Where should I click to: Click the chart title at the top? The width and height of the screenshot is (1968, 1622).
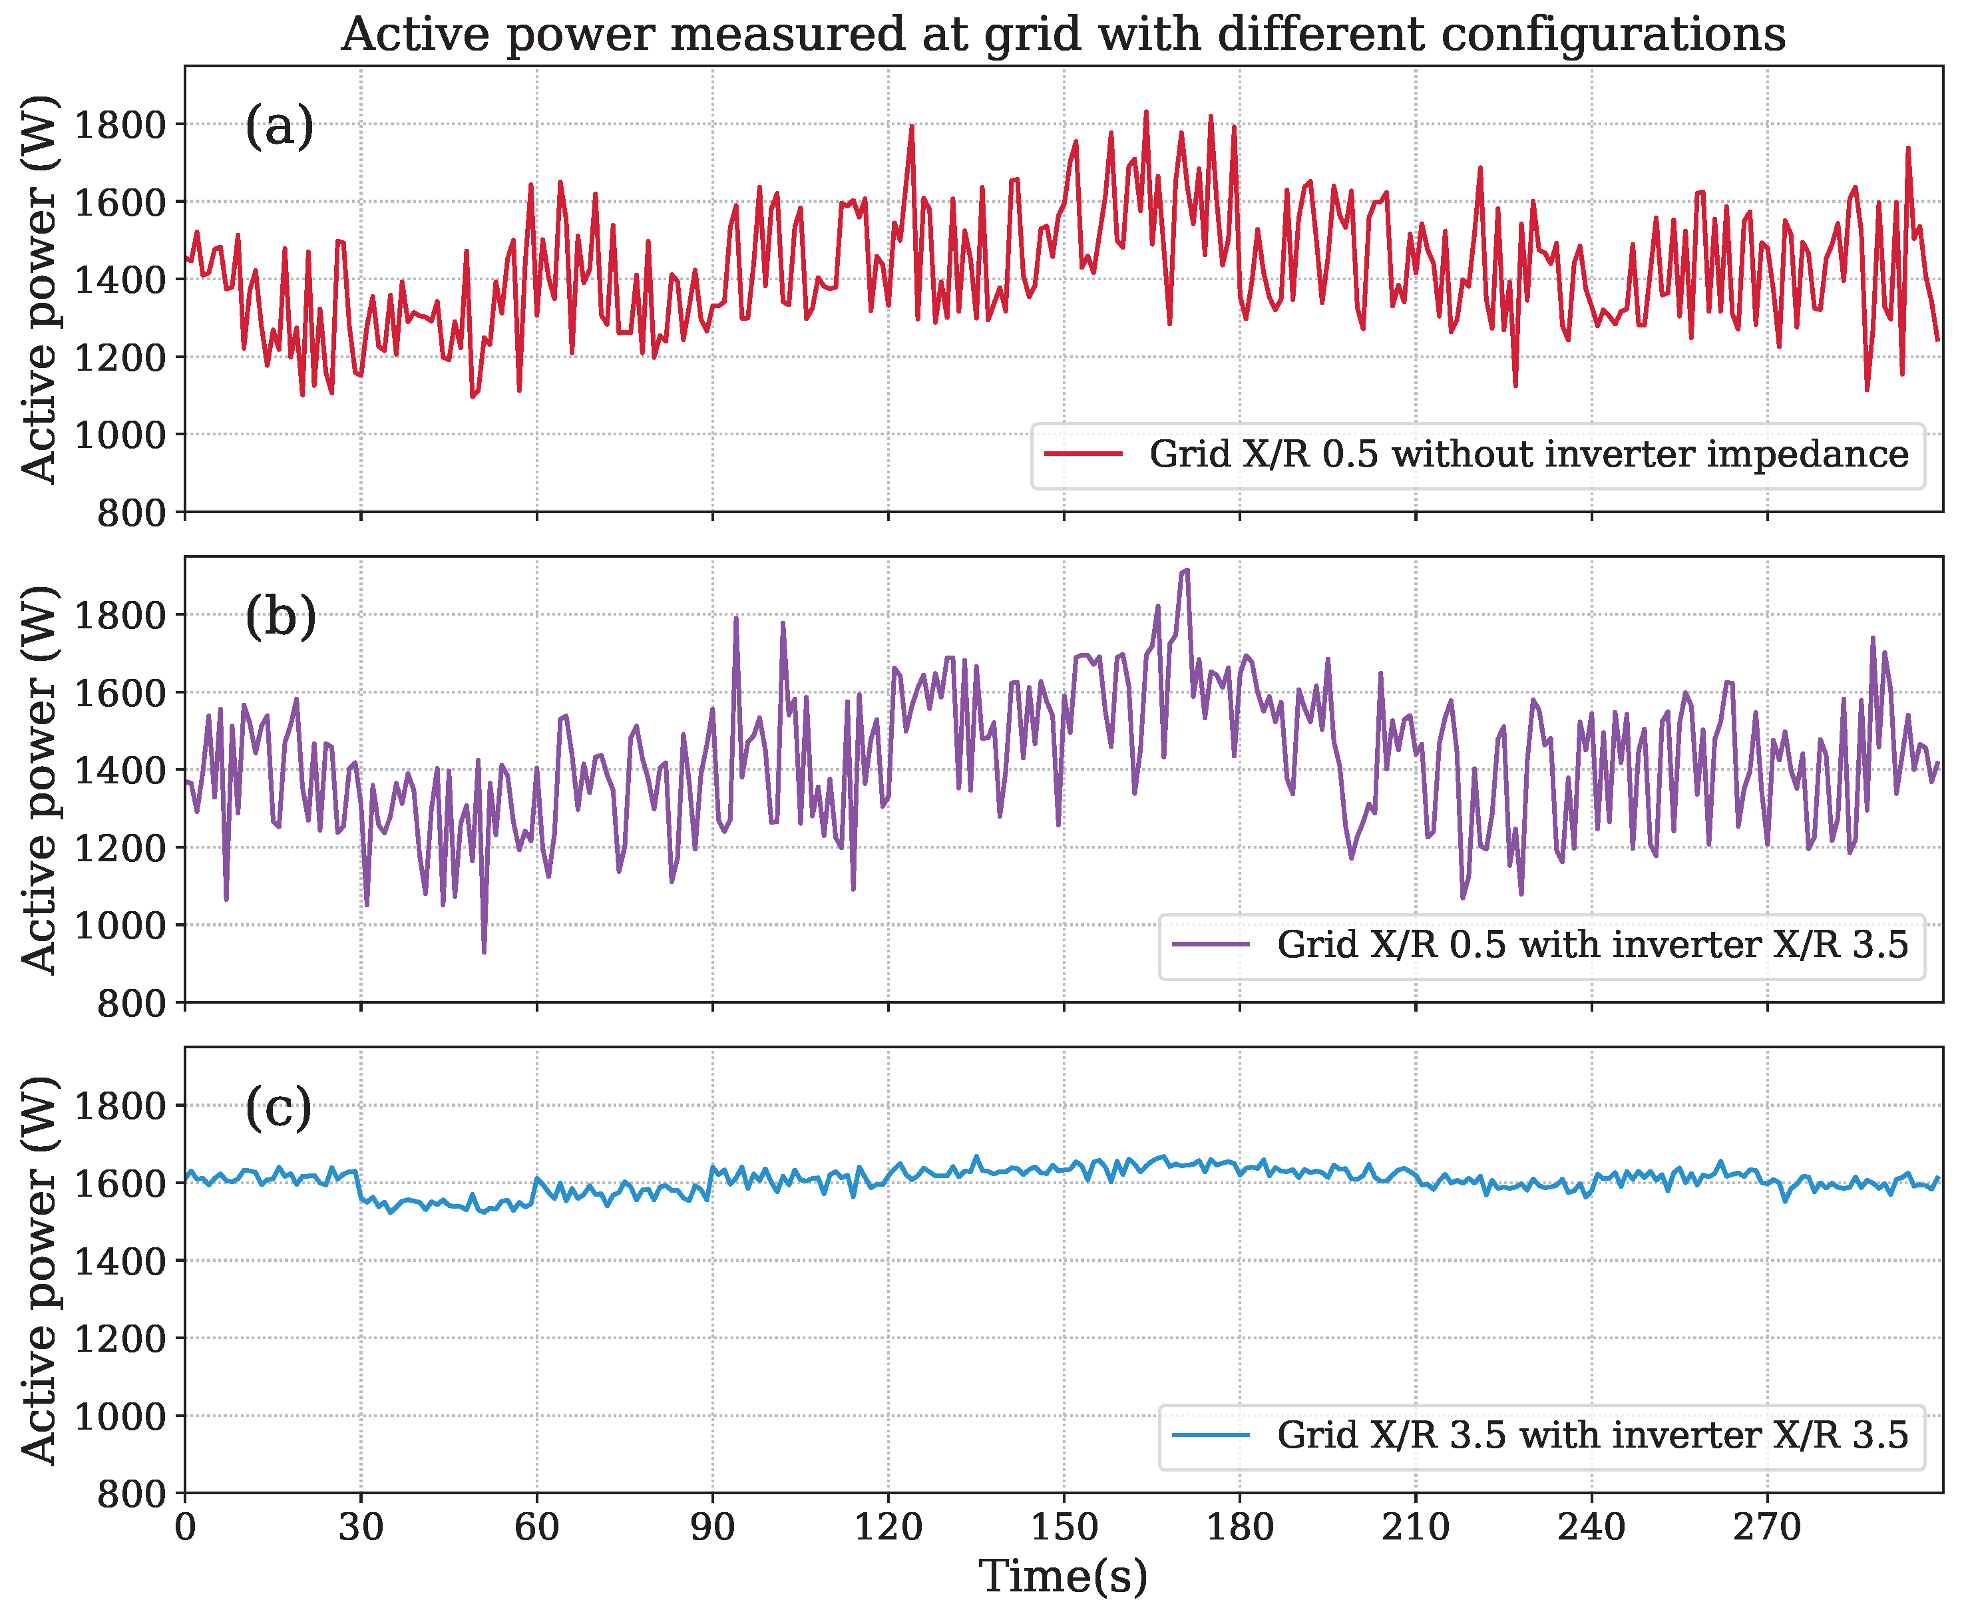1063,35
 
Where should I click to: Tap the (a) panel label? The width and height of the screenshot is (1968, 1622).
280,126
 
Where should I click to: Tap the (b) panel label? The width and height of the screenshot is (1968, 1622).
280,617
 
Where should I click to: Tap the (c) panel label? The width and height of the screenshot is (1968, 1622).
278,1108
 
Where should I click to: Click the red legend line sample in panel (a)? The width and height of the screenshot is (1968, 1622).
1083,454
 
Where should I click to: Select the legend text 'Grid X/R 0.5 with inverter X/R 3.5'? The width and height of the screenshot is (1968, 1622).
1593,944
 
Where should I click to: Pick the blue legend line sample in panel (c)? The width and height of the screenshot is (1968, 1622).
1211,1435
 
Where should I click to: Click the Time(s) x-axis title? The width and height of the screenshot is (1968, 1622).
1063,1576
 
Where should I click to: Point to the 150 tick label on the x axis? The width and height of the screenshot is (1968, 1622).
1064,1527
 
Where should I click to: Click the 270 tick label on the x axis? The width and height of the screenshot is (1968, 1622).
1767,1527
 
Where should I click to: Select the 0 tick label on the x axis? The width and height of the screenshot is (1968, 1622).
185,1527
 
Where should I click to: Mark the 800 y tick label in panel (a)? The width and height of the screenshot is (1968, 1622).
132,513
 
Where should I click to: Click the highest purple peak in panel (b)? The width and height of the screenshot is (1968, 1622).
1186,570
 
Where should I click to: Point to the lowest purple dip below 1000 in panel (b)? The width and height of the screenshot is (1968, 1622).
484,951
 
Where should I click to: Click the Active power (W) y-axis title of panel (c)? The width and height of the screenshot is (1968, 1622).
39,1270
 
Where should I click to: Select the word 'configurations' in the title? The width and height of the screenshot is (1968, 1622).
1613,35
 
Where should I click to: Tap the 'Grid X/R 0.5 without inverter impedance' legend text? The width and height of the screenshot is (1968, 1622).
1528,454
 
